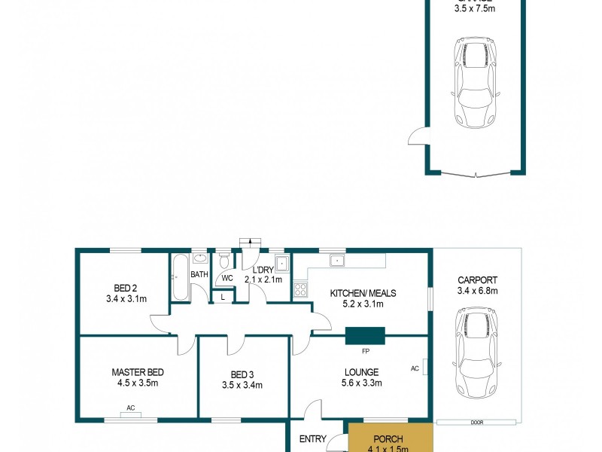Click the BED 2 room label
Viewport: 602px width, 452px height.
pyautogui.click(x=125, y=288)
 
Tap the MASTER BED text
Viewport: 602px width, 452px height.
pyautogui.click(x=138, y=372)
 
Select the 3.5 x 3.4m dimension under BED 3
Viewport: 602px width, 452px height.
pyautogui.click(x=242, y=386)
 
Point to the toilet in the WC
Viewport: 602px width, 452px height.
pyautogui.click(x=223, y=261)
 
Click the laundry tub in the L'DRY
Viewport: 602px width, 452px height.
pyautogui.click(x=281, y=264)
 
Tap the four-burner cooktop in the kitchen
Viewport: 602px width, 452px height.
pyautogui.click(x=300, y=289)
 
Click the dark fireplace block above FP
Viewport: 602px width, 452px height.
pyautogui.click(x=365, y=335)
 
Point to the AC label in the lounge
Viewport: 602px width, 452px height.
pyautogui.click(x=415, y=368)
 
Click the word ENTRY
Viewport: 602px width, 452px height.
pyautogui.click(x=312, y=439)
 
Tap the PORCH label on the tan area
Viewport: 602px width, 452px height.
pyautogui.click(x=388, y=439)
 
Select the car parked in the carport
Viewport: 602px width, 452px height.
pyautogui.click(x=476, y=347)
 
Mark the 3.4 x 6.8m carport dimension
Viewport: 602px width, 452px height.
pyautogui.click(x=478, y=291)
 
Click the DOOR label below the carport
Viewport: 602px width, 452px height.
pyautogui.click(x=476, y=423)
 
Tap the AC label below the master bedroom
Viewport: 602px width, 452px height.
pyautogui.click(x=130, y=408)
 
